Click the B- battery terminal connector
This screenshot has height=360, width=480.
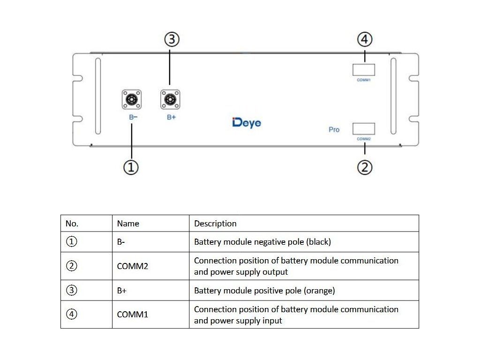[x=132, y=99]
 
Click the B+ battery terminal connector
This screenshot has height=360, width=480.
[x=170, y=99]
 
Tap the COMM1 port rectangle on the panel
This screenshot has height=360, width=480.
[x=364, y=70]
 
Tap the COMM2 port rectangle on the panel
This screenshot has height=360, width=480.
[x=364, y=128]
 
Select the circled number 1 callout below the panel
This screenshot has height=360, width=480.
[x=131, y=167]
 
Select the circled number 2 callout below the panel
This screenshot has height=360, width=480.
[x=365, y=167]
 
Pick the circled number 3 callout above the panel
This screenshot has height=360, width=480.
[x=172, y=39]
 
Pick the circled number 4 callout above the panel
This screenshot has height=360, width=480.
[x=365, y=39]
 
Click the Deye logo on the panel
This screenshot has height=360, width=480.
[x=247, y=123]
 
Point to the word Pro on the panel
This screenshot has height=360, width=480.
[x=334, y=129]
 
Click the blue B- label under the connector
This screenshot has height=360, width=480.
[x=133, y=117]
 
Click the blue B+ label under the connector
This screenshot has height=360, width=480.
[x=172, y=117]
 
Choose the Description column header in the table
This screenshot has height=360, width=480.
[x=215, y=224]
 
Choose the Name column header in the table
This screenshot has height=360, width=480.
[x=128, y=224]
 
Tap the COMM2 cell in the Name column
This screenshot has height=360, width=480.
[x=133, y=266]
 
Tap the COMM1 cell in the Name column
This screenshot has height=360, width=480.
[x=133, y=315]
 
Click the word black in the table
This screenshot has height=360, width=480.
[x=320, y=242]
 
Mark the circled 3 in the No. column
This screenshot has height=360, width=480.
[x=72, y=290]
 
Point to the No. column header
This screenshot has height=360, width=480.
[x=72, y=224]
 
